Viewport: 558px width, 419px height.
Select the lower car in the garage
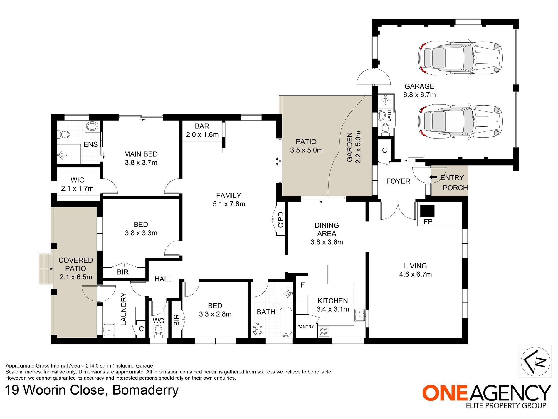(460, 121)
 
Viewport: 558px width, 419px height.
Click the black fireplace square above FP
(427, 211)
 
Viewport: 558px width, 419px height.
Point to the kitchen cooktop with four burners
(324, 332)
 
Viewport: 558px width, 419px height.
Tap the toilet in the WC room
(158, 330)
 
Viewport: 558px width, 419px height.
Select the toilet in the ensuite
(64, 135)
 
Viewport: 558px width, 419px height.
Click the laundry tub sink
(109, 330)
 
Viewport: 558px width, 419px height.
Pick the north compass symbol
(535, 361)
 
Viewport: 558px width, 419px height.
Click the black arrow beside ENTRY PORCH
(433, 177)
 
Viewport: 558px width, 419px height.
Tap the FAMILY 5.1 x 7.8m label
(229, 200)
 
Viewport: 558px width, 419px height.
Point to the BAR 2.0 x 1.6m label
(202, 130)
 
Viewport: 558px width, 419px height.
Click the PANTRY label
(305, 327)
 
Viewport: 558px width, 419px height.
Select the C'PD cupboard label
(281, 220)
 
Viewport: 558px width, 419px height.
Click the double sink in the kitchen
(359, 315)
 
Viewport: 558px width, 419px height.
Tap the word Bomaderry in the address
(145, 390)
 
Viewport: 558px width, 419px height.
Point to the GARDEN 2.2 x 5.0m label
(354, 147)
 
